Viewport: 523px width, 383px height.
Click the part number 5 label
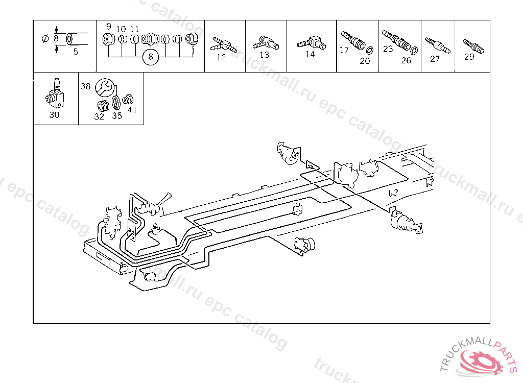pyautogui.click(x=76, y=51)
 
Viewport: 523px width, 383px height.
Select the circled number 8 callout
pyautogui.click(x=150, y=57)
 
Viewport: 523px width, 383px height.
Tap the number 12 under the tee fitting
pyautogui.click(x=221, y=57)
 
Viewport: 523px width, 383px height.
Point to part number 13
pyautogui.click(x=264, y=55)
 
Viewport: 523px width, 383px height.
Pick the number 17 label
pyautogui.click(x=344, y=50)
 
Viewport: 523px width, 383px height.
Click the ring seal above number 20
pyautogui.click(x=369, y=50)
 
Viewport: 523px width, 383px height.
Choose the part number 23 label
pyautogui.click(x=388, y=49)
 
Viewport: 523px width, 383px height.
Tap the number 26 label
pyautogui.click(x=406, y=60)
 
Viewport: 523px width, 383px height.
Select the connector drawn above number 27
pyautogui.click(x=437, y=44)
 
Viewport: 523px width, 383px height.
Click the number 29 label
pyautogui.click(x=469, y=57)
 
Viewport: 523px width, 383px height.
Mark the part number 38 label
pyautogui.click(x=85, y=86)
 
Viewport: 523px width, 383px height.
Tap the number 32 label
pyautogui.click(x=99, y=116)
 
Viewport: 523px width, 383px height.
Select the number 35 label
pyautogui.click(x=117, y=115)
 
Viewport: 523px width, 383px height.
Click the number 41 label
pyautogui.click(x=132, y=109)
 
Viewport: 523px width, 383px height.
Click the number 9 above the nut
pyautogui.click(x=108, y=27)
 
